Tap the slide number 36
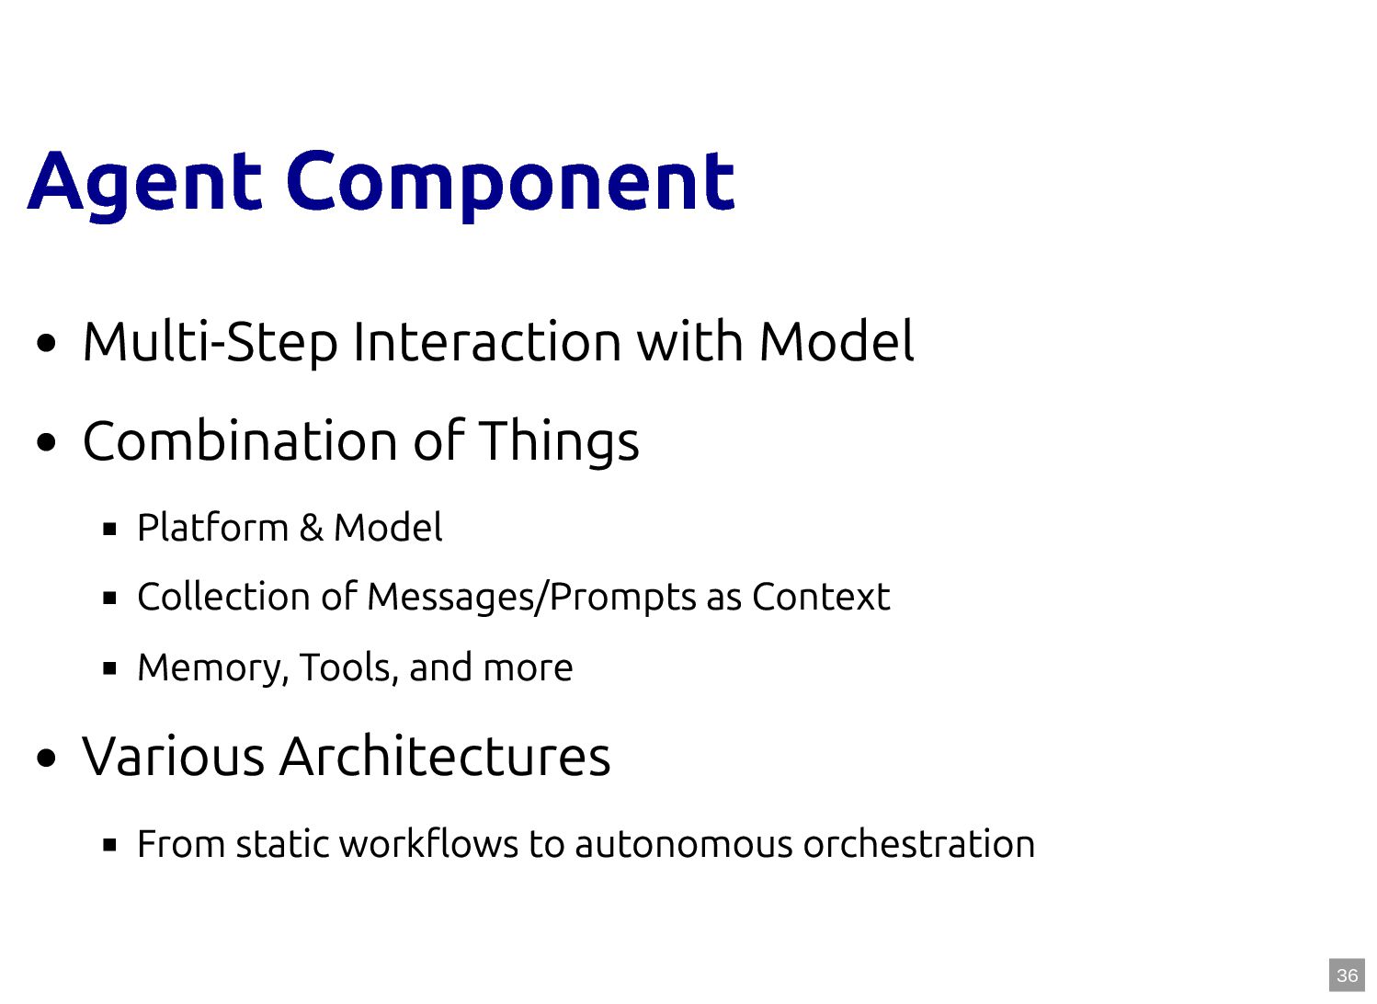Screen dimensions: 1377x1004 click(x=1347, y=975)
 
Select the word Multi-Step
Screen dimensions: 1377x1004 click(x=211, y=342)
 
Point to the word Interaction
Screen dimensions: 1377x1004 click(x=487, y=342)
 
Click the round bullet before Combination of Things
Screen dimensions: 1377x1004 click(x=46, y=442)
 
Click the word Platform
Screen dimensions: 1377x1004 click(x=212, y=528)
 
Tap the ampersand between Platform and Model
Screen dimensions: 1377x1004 click(x=311, y=528)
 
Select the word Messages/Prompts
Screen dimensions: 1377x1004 click(x=531, y=598)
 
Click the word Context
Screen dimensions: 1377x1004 click(x=821, y=597)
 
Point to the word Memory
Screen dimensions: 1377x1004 click(x=212, y=668)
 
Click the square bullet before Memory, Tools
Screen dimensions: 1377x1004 click(x=110, y=668)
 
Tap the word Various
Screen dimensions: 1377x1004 click(x=173, y=757)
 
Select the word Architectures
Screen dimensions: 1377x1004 click(x=445, y=756)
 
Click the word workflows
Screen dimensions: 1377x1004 click(x=428, y=843)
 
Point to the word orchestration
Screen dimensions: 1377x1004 click(x=919, y=843)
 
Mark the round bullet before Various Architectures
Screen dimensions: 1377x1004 click(x=46, y=759)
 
